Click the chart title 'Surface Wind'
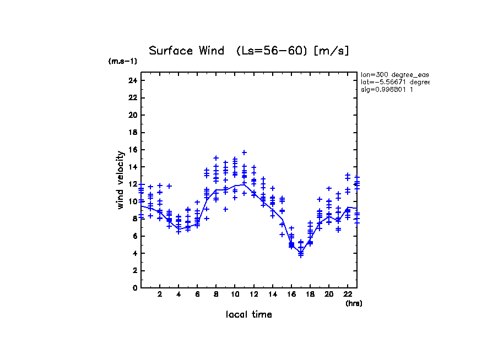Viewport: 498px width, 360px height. click(x=186, y=51)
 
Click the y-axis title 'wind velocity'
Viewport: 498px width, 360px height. click(x=121, y=180)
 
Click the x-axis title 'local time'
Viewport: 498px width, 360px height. click(x=248, y=315)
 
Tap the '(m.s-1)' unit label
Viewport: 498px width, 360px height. click(x=122, y=62)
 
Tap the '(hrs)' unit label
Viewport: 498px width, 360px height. click(x=354, y=303)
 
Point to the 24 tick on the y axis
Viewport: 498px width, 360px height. click(x=132, y=80)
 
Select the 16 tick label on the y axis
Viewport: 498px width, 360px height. click(x=132, y=150)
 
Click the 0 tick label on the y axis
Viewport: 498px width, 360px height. click(x=134, y=287)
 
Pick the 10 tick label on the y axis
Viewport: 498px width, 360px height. click(x=132, y=201)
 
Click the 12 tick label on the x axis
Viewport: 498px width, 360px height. click(x=253, y=294)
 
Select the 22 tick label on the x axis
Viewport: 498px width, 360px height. click(x=348, y=294)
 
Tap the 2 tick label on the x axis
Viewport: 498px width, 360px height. click(x=160, y=294)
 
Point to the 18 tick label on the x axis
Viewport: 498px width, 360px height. click(x=310, y=294)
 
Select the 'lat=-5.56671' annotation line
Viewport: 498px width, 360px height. click(x=394, y=82)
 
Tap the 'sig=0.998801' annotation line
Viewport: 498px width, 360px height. click(x=387, y=89)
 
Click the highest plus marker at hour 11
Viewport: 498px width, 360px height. click(x=244, y=152)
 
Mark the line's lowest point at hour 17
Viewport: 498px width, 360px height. click(x=301, y=253)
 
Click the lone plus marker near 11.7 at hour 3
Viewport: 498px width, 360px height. click(x=169, y=186)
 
